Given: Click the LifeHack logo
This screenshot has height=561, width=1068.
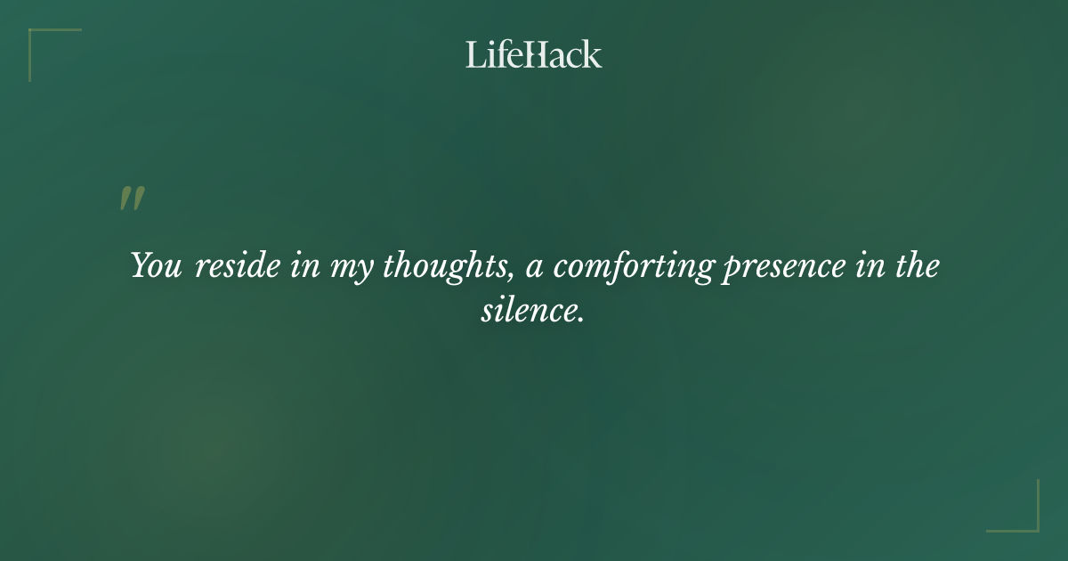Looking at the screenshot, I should (x=534, y=54).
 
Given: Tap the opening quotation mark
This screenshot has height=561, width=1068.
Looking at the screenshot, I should (x=132, y=199).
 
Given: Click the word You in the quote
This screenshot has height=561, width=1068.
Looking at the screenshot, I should (x=157, y=265).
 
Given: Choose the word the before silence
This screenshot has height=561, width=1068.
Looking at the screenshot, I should (x=917, y=265).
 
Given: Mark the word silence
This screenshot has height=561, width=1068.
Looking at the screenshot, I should (x=529, y=311).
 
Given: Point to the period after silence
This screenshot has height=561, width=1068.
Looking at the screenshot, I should (x=580, y=319).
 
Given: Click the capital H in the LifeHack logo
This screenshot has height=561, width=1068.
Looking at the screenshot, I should (x=533, y=54).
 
